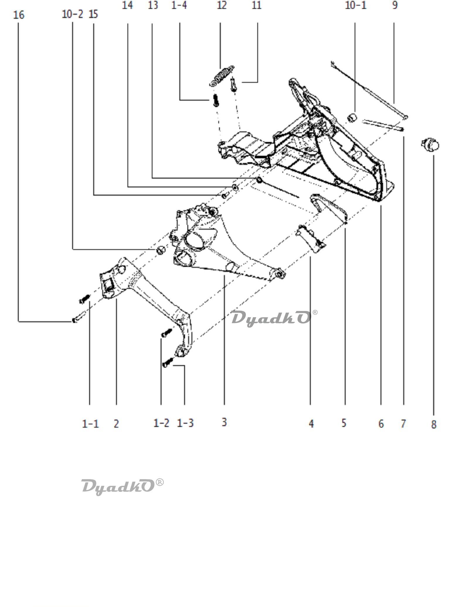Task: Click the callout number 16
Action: click(19, 15)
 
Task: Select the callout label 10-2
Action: click(72, 14)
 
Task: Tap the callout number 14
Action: click(127, 5)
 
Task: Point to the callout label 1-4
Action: click(179, 5)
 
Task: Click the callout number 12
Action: click(222, 5)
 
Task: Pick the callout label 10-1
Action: click(356, 5)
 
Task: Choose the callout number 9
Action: click(395, 5)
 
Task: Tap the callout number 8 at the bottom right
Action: click(434, 424)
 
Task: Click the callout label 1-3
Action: click(185, 423)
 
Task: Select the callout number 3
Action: click(224, 422)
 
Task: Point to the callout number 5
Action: click(344, 423)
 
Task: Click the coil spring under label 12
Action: click(222, 76)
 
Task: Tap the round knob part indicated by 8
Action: click(430, 144)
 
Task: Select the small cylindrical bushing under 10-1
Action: click(352, 118)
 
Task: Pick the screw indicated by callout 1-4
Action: click(215, 100)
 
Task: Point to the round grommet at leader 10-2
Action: click(161, 250)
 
